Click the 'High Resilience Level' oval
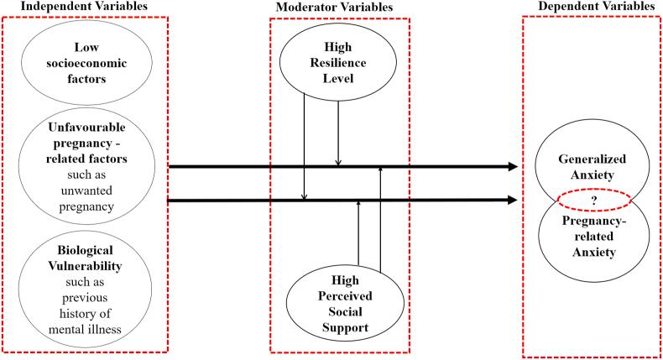coord(335,63)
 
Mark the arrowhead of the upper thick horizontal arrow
coord(512,167)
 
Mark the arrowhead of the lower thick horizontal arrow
coord(512,201)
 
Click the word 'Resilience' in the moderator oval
coord(335,63)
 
